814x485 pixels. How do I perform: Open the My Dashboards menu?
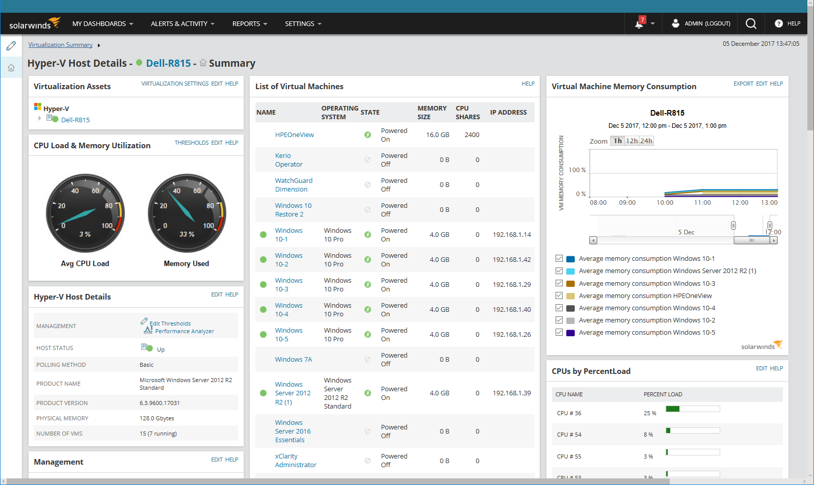(102, 24)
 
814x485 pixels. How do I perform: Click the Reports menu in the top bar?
(249, 24)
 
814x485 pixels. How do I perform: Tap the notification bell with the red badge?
(639, 23)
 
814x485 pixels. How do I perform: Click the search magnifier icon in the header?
(751, 23)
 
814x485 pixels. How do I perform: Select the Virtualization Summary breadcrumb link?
(60, 45)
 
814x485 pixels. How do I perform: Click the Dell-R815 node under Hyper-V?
(75, 120)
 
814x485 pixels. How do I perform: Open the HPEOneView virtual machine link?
(294, 135)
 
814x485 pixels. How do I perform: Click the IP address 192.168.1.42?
(512, 260)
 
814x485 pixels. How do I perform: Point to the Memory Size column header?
(432, 113)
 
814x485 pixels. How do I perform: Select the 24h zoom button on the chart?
(646, 141)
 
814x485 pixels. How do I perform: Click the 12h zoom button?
(632, 141)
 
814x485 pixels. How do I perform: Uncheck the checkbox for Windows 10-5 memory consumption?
(559, 333)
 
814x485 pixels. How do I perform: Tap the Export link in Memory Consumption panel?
(743, 84)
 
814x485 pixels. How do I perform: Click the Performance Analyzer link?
(185, 331)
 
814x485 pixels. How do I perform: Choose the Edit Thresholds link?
(170, 324)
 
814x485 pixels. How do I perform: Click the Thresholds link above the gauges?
(191, 143)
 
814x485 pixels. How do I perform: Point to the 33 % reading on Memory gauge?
(187, 234)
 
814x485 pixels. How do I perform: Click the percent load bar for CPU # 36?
(693, 409)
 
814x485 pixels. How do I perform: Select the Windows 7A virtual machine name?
(294, 360)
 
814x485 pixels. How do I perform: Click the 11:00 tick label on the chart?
(702, 203)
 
